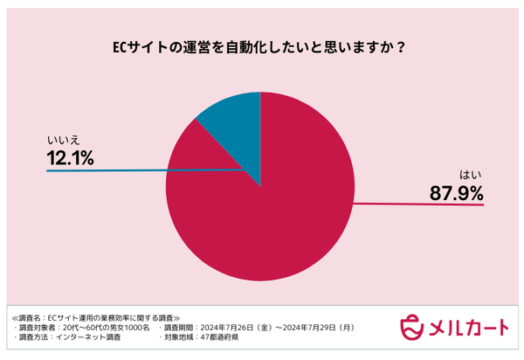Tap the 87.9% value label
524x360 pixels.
[x=454, y=193]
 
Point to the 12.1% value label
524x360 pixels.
[x=70, y=157]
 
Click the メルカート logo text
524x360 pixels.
[x=467, y=326]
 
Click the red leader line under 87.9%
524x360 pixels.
[x=419, y=205]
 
